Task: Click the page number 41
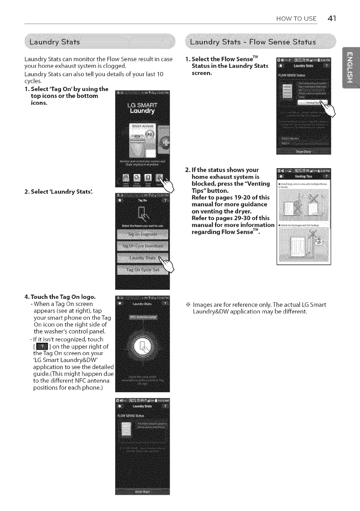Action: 331,18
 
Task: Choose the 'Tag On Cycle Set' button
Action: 141,270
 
